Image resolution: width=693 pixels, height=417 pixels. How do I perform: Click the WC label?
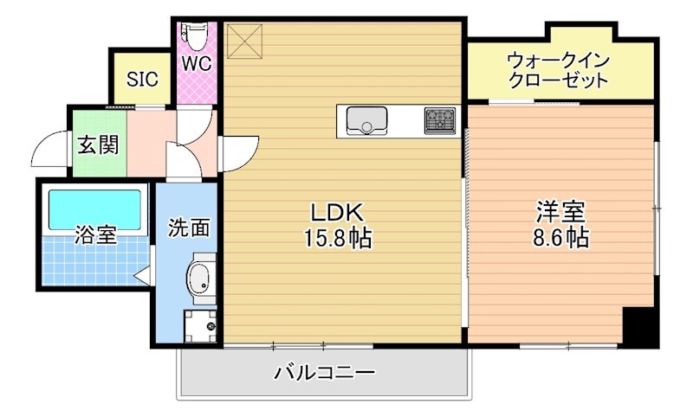click(x=195, y=63)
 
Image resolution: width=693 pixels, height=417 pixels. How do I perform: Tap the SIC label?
click(x=142, y=80)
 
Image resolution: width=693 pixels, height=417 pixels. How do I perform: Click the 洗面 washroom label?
click(x=189, y=228)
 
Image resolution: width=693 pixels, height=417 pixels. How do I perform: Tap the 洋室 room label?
click(x=560, y=212)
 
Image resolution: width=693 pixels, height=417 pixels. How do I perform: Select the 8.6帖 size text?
click(x=560, y=238)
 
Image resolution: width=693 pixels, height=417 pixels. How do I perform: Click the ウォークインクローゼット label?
click(x=558, y=70)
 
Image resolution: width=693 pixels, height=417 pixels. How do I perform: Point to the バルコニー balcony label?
click(x=325, y=374)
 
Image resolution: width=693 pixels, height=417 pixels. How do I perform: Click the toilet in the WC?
click(x=195, y=35)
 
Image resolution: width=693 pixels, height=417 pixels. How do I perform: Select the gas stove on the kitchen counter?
click(x=439, y=119)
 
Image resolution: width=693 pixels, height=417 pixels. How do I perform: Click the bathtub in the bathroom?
click(x=94, y=208)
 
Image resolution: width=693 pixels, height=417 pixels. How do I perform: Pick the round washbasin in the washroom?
click(x=199, y=279)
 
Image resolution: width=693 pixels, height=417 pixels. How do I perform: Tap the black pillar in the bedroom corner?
click(x=640, y=326)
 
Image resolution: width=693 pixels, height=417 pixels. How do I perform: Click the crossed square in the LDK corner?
click(x=243, y=38)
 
